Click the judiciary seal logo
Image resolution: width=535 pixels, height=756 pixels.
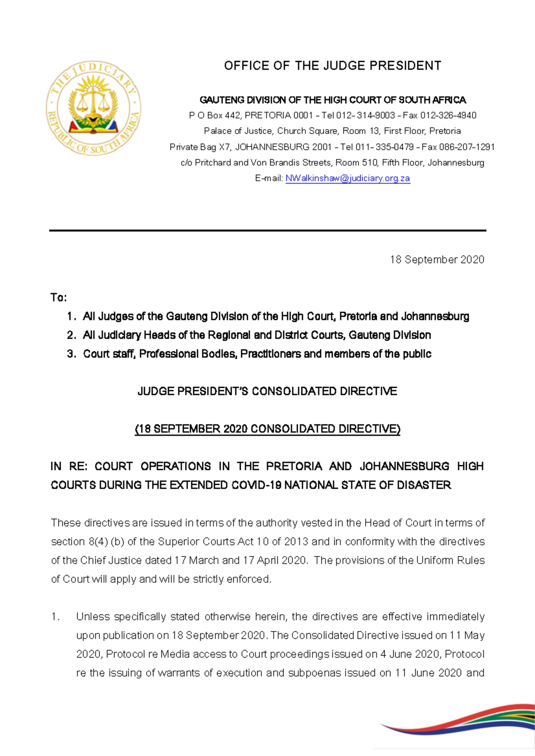point(93,108)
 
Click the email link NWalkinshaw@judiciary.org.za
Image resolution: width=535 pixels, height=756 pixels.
point(347,178)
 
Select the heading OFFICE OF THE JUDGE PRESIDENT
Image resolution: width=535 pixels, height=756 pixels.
point(333,66)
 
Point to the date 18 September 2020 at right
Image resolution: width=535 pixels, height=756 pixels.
point(437,260)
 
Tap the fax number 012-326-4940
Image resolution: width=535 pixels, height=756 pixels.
point(448,115)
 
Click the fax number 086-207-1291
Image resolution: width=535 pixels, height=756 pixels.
point(467,147)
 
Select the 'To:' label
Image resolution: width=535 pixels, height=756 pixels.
point(58,297)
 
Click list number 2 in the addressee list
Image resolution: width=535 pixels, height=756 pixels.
point(71,335)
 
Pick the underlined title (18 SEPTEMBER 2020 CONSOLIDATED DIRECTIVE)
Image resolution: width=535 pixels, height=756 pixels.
point(267,429)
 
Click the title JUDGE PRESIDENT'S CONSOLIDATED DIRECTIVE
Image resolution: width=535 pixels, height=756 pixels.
point(267,391)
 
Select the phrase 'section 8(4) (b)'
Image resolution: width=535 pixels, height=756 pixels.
point(88,542)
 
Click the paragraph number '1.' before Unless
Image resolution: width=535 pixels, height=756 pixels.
point(55,617)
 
